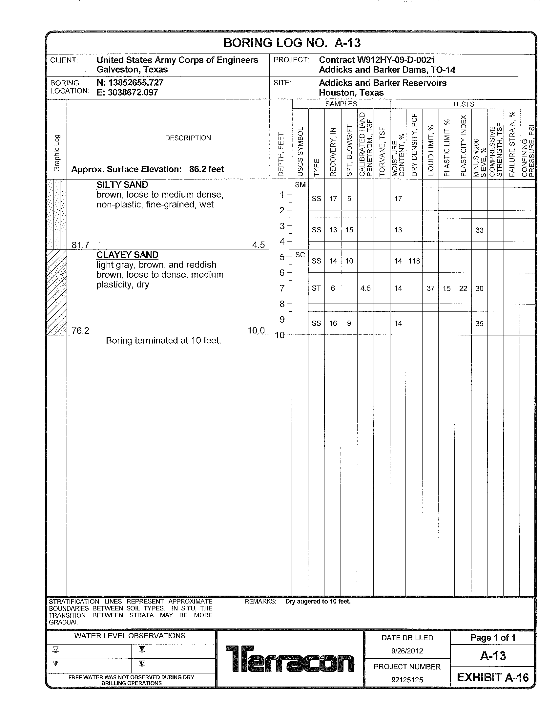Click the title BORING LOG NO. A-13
292,43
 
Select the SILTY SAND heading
122,185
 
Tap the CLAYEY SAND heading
127,255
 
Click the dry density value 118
414,261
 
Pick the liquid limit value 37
430,288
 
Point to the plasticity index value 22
463,288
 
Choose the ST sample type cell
316,288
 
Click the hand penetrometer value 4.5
365,288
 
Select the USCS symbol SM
300,185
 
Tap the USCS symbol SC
300,255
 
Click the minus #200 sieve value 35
479,324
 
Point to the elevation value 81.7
80,245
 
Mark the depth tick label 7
282,288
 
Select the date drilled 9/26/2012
407,651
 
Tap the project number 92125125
407,680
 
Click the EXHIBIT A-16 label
493,678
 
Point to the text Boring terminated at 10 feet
163,341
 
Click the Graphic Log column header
57,153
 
